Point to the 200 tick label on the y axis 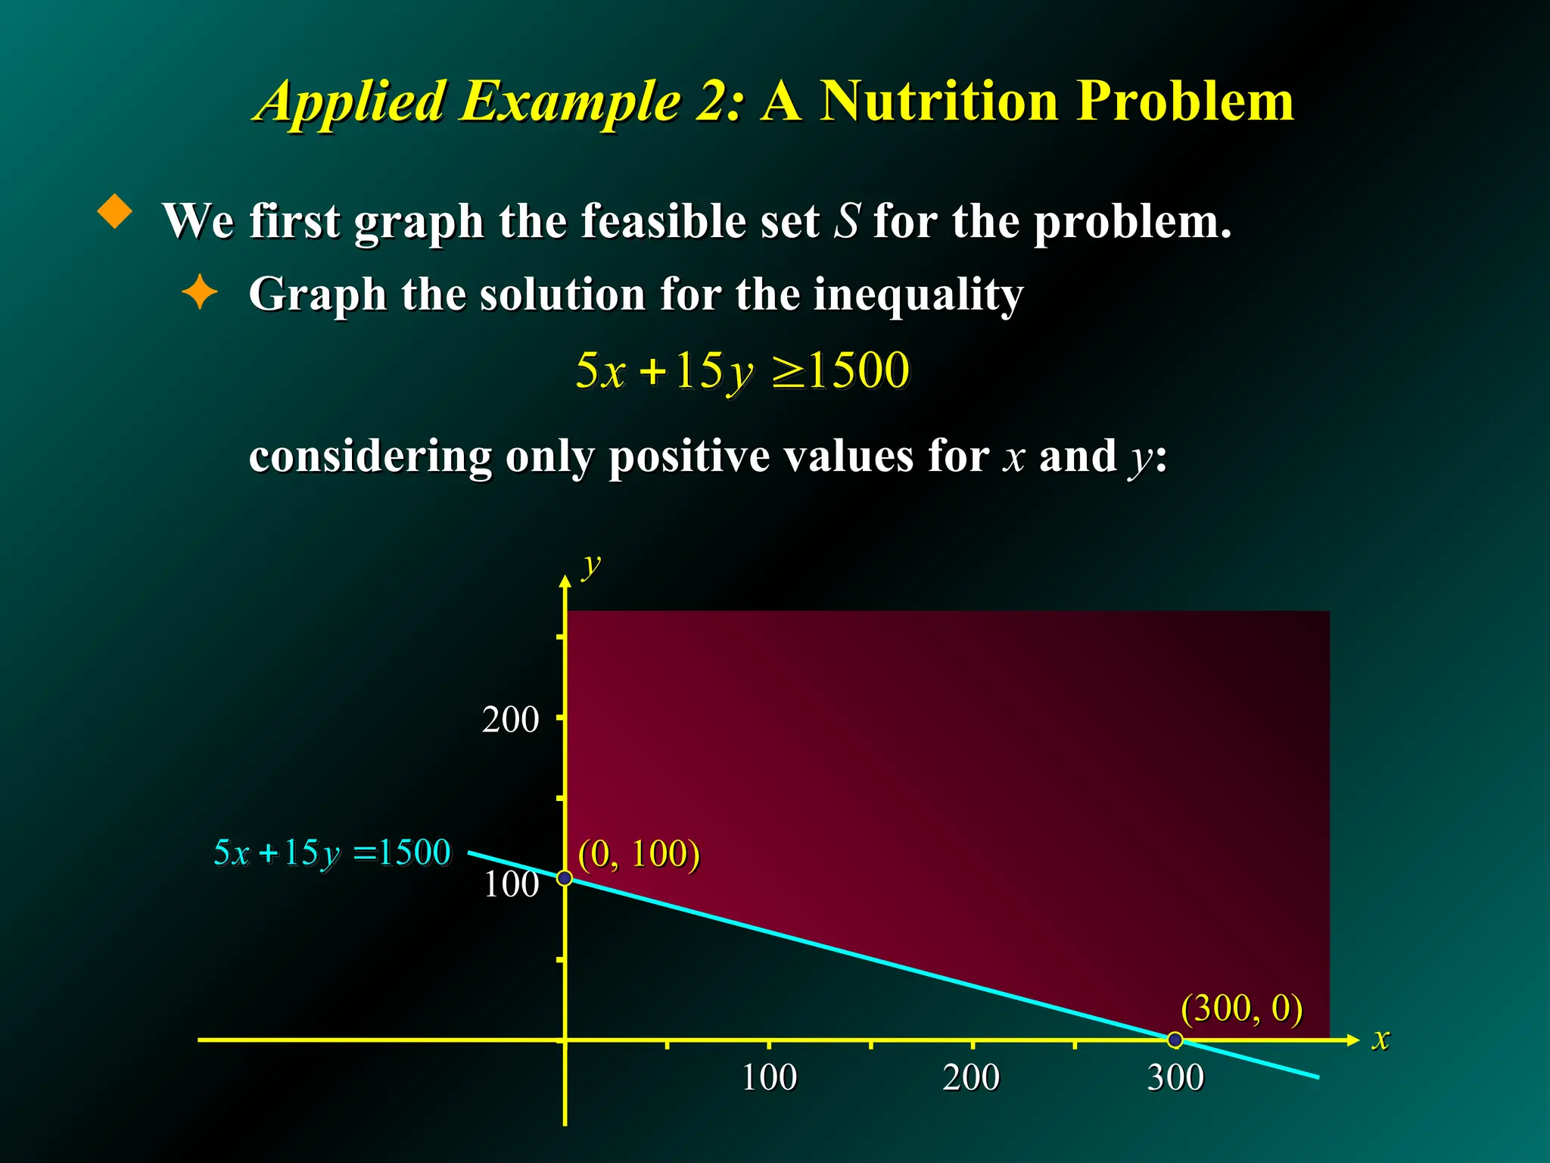click(x=510, y=719)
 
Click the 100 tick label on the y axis click(x=511, y=884)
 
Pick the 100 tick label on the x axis click(x=769, y=1077)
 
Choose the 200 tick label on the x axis click(x=971, y=1077)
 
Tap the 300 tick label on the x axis click(x=1175, y=1077)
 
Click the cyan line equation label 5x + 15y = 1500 click(x=331, y=853)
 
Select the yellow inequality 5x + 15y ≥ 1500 click(x=742, y=371)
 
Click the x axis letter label click(x=1381, y=1039)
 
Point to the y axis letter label click(x=591, y=566)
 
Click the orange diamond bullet click(x=115, y=211)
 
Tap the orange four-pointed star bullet click(x=200, y=292)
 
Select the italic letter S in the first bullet click(x=847, y=221)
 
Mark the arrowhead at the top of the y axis click(x=565, y=581)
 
